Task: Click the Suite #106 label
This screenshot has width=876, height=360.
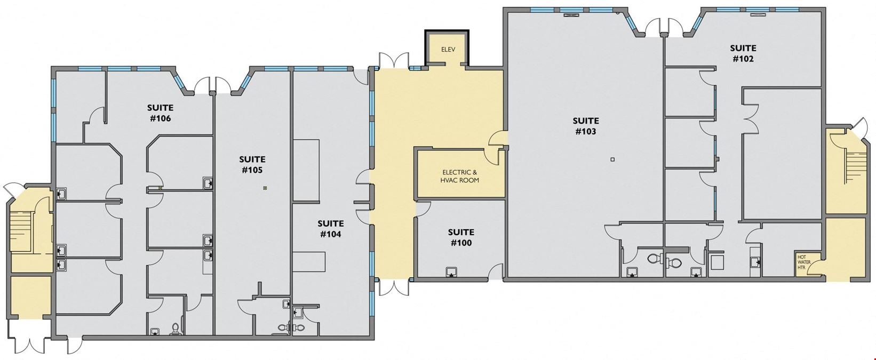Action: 161,113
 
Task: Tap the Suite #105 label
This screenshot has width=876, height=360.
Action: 252,165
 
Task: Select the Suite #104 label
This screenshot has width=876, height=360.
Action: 330,229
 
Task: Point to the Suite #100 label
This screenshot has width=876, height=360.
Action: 461,237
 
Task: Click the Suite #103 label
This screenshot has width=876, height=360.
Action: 586,126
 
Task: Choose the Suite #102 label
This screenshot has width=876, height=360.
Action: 743,53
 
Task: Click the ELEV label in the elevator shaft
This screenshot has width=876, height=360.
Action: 448,50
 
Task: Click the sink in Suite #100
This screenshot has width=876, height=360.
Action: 452,271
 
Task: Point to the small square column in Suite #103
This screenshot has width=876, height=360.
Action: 612,159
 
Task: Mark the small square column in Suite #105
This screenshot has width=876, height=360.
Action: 265,188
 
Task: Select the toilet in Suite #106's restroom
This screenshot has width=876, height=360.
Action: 176,329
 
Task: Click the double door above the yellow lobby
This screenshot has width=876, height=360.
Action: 393,61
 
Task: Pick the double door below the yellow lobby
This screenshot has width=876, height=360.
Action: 393,287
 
